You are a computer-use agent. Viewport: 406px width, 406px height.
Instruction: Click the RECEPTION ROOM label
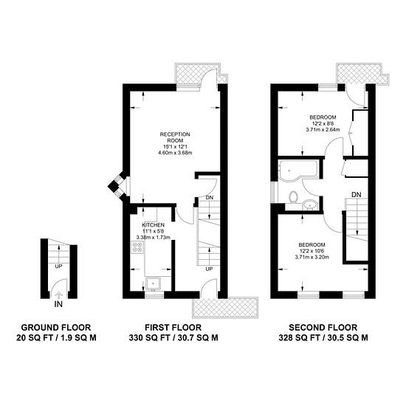[x=175, y=137]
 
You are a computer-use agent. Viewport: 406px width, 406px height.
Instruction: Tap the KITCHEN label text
[x=153, y=224]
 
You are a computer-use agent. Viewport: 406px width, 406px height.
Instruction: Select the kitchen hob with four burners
[x=138, y=247]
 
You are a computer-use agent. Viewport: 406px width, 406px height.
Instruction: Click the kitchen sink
[x=154, y=283]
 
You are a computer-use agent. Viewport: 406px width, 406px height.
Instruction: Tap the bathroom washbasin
[x=310, y=204]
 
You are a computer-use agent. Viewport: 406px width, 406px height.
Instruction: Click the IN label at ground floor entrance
[x=58, y=304]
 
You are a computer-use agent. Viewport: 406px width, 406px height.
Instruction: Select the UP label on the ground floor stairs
[x=58, y=266]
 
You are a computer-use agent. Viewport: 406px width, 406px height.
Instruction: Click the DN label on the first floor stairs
[x=210, y=198]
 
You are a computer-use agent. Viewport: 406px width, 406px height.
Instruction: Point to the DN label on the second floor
[x=356, y=194]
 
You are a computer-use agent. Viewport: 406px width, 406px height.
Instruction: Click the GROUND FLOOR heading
[x=56, y=328]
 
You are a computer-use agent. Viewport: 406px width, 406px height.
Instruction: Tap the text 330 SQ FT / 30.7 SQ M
[x=173, y=338]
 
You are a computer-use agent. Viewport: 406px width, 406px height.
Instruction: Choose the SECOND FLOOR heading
[x=323, y=328]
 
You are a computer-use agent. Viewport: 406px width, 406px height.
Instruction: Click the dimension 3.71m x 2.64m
[x=323, y=129]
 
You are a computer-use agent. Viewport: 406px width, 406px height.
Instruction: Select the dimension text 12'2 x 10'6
[x=312, y=251]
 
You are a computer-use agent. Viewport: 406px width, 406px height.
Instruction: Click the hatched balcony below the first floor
[x=225, y=307]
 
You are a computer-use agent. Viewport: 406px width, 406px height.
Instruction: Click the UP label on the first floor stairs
[x=209, y=269]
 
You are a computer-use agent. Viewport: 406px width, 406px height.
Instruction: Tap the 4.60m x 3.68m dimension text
[x=175, y=153]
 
